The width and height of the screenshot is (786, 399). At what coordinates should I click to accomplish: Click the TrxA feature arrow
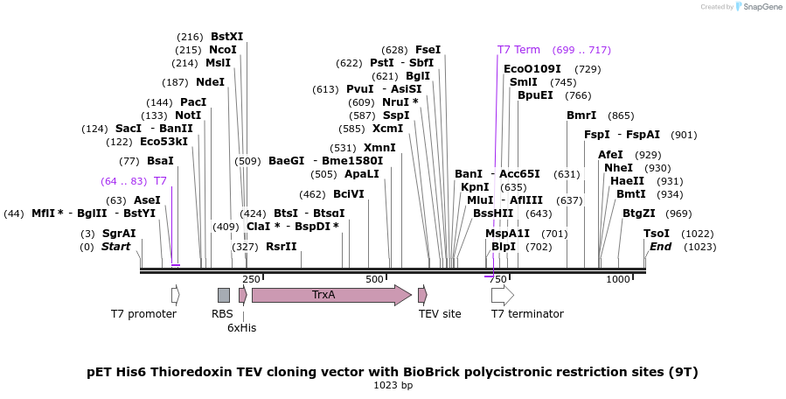tap(330, 295)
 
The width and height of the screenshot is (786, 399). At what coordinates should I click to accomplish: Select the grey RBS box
tap(224, 295)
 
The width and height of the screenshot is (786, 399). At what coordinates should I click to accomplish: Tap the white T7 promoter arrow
tap(176, 295)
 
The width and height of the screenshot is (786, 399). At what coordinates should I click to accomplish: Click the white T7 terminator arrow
tap(502, 295)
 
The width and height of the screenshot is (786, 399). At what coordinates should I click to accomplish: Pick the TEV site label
tap(440, 314)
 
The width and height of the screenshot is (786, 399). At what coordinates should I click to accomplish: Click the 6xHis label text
tap(242, 327)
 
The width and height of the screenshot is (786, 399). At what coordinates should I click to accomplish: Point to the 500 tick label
tap(374, 279)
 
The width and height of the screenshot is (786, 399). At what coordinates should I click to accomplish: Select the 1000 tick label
tap(618, 279)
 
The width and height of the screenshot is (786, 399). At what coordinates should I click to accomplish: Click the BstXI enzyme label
tap(227, 37)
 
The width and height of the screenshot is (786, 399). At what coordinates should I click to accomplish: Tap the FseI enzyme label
tap(428, 50)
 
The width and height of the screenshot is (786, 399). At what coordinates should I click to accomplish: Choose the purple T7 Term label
tap(519, 50)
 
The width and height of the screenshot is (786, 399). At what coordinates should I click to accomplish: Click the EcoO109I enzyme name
tap(532, 69)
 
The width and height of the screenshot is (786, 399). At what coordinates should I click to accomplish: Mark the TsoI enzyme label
tap(657, 234)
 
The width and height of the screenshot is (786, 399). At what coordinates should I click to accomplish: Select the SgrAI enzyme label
tap(119, 234)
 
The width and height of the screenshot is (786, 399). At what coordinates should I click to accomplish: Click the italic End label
tap(660, 247)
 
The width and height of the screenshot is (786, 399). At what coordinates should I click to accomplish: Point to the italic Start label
tap(115, 247)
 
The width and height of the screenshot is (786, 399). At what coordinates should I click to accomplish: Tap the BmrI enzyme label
tap(581, 115)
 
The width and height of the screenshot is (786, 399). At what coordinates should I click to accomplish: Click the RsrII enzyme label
tap(282, 247)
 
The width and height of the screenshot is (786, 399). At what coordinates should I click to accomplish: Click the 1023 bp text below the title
tap(393, 385)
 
